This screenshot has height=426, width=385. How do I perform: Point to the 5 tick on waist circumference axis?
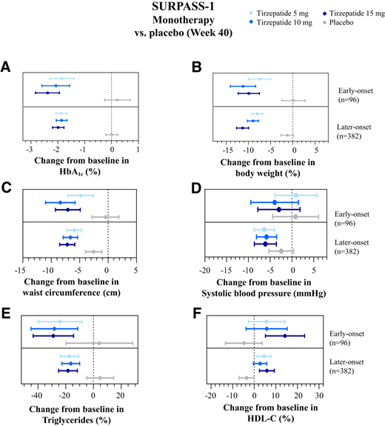click(x=135, y=270)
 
